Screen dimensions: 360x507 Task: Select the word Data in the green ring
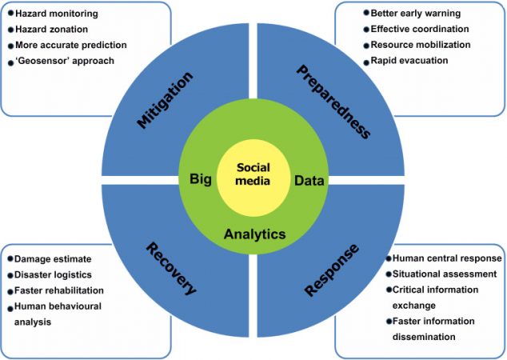pyautogui.click(x=309, y=180)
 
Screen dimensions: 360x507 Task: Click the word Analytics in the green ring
pyautogui.click(x=254, y=234)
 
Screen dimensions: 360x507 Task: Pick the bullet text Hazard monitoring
pyautogui.click(x=56, y=14)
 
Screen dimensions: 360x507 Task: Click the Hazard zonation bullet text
pyautogui.click(x=52, y=29)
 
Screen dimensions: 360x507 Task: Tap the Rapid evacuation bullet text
pyautogui.click(x=409, y=60)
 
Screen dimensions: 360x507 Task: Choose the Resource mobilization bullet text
pyautogui.click(x=421, y=44)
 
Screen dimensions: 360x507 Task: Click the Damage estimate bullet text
pyautogui.click(x=53, y=259)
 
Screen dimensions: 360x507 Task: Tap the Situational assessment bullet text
pyautogui.click(x=444, y=274)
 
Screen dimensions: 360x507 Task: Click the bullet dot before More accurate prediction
pyautogui.click(x=10, y=45)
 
